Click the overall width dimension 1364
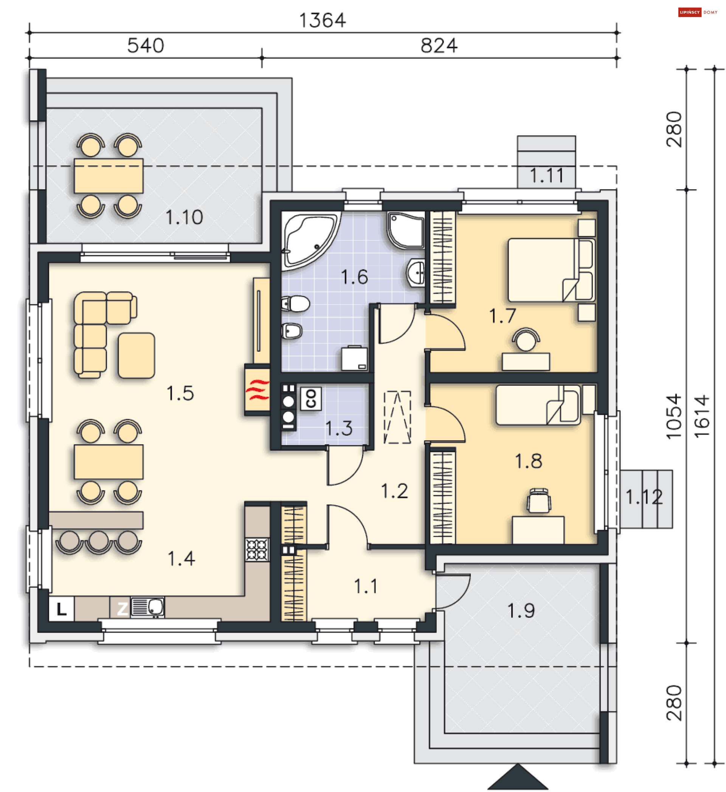click(322, 20)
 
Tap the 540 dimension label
click(146, 46)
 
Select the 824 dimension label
click(439, 46)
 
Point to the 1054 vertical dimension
click(674, 416)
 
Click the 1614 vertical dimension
click(702, 416)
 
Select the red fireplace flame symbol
click(258, 390)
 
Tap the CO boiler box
click(311, 399)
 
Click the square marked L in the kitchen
click(61, 609)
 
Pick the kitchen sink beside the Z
click(147, 607)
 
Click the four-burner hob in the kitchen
click(257, 549)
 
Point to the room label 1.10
click(185, 217)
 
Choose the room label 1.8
click(529, 461)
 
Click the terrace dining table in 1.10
click(109, 176)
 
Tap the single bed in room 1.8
click(538, 405)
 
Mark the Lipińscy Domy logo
click(698, 12)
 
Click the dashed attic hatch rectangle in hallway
click(397, 417)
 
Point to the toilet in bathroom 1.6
click(296, 304)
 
